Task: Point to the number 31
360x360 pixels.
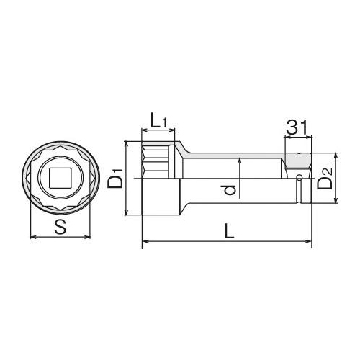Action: pyautogui.click(x=297, y=127)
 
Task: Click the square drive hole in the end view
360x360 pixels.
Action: pyautogui.click(x=60, y=177)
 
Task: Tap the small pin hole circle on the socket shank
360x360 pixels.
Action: pyautogui.click(x=299, y=178)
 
